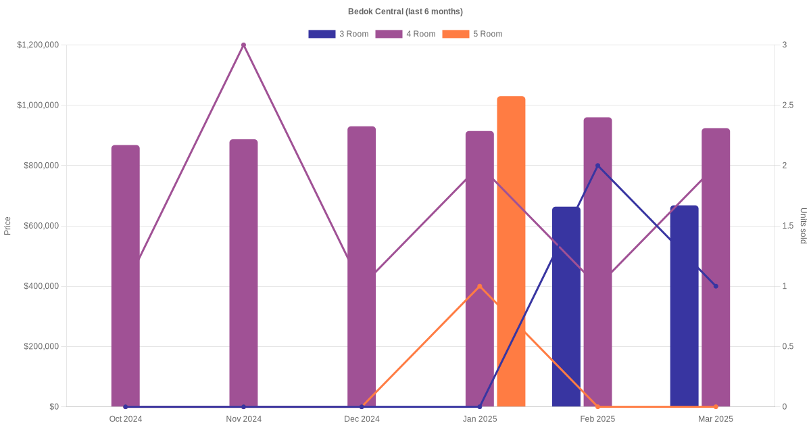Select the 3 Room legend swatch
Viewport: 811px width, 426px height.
[x=322, y=34]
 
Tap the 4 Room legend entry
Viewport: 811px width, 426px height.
[x=405, y=34]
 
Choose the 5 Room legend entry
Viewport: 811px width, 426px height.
[x=472, y=34]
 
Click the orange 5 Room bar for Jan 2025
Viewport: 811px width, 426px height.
[x=511, y=252]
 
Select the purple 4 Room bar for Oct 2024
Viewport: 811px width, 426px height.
[x=125, y=276]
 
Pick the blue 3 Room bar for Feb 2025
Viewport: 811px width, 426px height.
[x=566, y=307]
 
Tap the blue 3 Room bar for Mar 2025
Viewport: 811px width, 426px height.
[x=684, y=306]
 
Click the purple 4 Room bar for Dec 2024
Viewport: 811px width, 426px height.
[x=362, y=266]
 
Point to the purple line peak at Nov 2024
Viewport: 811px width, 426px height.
[x=244, y=45]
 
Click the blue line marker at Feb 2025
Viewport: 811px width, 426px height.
[x=597, y=166]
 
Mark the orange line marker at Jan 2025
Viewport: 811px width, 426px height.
[x=480, y=286]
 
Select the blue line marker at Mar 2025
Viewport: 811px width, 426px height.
[x=716, y=286]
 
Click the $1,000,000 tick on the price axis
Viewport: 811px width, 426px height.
[x=38, y=105]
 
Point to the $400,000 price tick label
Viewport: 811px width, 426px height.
[x=41, y=286]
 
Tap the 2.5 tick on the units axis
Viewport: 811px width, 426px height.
[x=788, y=105]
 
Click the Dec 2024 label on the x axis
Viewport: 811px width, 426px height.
[x=362, y=419]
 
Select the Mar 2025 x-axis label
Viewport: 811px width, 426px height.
[x=716, y=419]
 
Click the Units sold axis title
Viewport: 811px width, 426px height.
[x=803, y=226]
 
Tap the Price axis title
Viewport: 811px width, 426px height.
[x=7, y=226]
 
